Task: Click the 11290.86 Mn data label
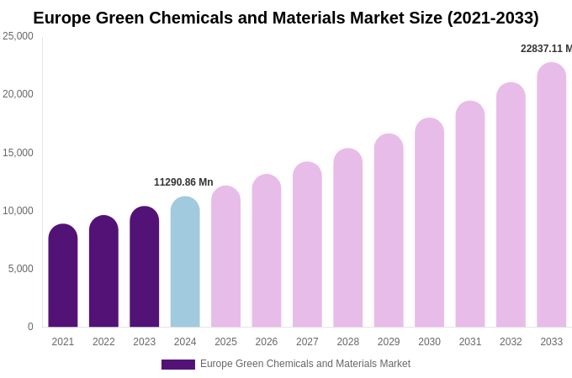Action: (183, 182)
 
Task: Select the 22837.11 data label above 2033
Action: (545, 49)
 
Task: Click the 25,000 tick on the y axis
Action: (18, 36)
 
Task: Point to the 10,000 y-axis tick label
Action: (18, 211)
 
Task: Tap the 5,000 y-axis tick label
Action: (20, 269)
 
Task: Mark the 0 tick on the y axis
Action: (30, 327)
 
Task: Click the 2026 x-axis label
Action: (267, 342)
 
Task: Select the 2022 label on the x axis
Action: (103, 342)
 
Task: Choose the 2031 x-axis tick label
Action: (470, 342)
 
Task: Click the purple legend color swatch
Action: (178, 365)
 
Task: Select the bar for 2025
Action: (225, 256)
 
